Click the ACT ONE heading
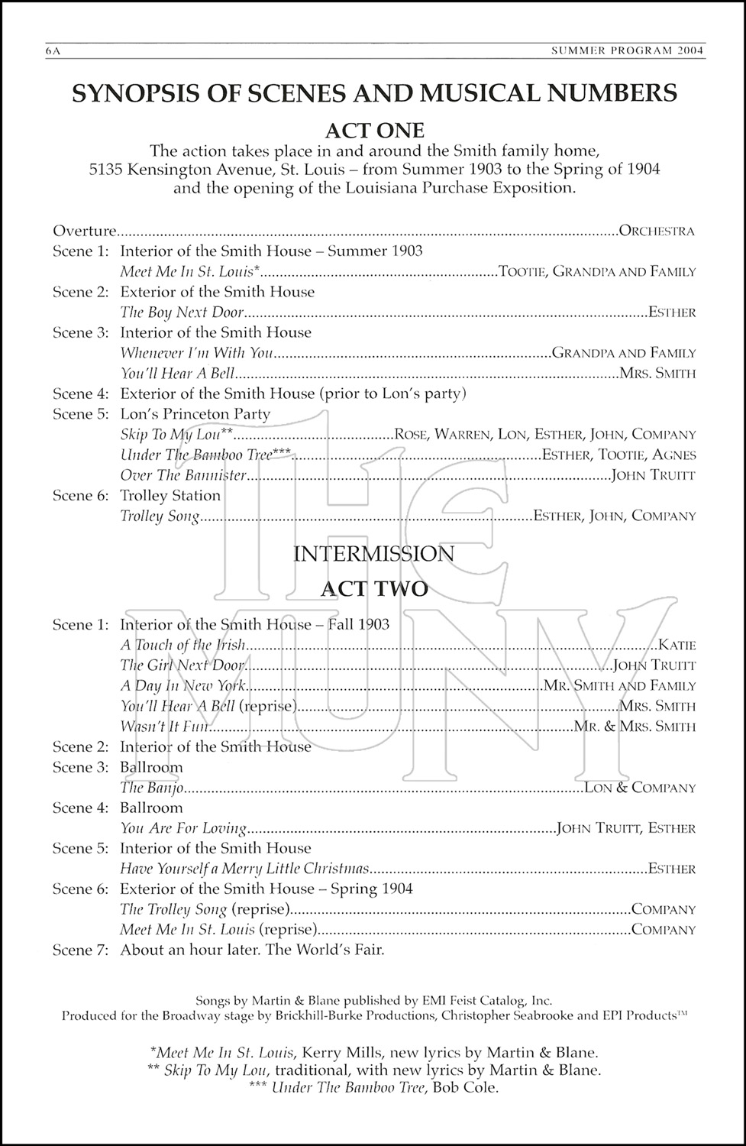pos(373,130)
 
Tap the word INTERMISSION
pos(373,553)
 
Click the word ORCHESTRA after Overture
pos(657,231)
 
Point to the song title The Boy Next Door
pos(182,312)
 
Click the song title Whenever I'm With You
pos(196,353)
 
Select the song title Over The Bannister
pos(183,475)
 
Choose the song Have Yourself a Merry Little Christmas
pos(244,869)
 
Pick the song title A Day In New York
pos(182,686)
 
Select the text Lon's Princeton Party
pos(195,414)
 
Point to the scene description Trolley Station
pos(170,495)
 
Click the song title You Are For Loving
pos(183,828)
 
